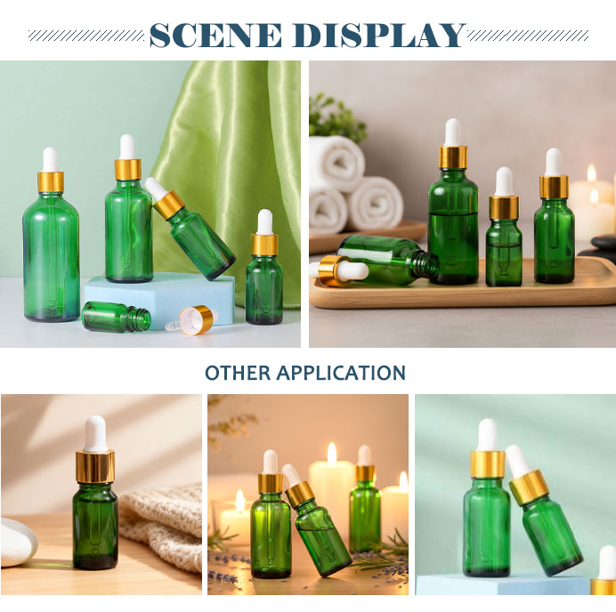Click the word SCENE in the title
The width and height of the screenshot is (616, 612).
coord(215,36)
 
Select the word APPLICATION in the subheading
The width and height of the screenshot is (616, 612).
coord(341,373)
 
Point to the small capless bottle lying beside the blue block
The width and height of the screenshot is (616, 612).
coord(117,317)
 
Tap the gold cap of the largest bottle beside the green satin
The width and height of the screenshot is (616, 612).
coord(51,182)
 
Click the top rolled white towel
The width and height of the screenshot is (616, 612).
coord(336,163)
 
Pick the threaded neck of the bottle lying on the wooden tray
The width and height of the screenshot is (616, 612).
coord(427,265)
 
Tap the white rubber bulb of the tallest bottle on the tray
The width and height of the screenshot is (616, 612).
coord(453,133)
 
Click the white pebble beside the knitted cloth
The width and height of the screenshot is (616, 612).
coord(18,542)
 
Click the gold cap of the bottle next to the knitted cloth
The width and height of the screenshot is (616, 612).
coord(95,467)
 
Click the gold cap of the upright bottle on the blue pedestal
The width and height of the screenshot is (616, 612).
coord(488,464)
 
